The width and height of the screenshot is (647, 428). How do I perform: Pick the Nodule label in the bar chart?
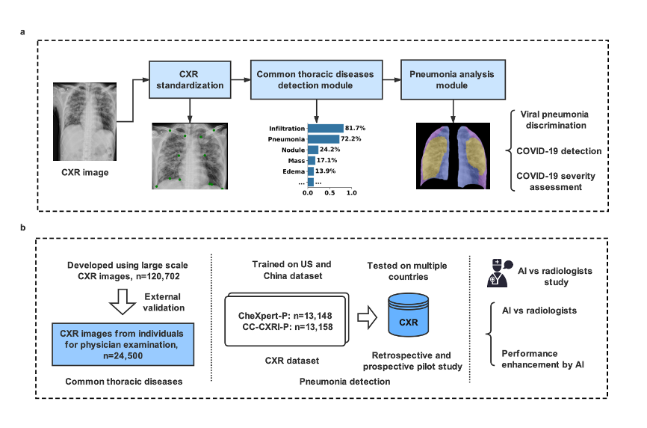click(x=293, y=150)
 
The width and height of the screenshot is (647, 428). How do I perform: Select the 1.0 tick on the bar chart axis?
click(x=352, y=192)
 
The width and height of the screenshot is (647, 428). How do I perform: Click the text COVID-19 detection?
click(x=559, y=151)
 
